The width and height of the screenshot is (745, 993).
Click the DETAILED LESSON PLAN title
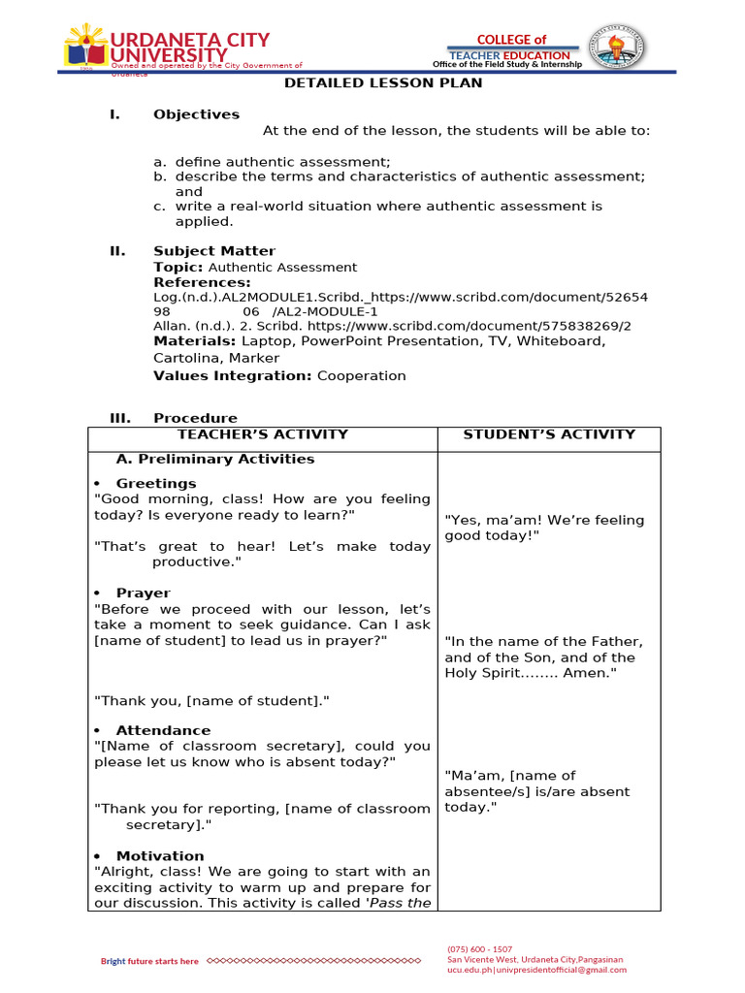click(x=383, y=83)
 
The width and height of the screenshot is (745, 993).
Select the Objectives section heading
click(x=196, y=114)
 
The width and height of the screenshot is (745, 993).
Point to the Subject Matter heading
click(x=213, y=251)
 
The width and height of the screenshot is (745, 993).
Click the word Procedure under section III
click(x=195, y=418)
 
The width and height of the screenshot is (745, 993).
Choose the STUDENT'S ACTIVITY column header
click(x=549, y=434)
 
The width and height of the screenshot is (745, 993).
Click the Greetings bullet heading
click(x=155, y=483)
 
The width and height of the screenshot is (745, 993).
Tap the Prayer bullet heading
click(x=143, y=593)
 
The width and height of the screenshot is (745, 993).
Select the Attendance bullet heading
click(x=162, y=730)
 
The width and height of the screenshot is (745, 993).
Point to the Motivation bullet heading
click(x=160, y=855)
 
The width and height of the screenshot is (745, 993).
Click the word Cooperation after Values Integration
click(x=361, y=375)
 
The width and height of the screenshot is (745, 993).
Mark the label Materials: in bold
click(x=195, y=340)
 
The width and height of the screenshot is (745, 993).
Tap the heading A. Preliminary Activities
click(x=214, y=459)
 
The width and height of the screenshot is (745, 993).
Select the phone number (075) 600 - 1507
click(x=479, y=948)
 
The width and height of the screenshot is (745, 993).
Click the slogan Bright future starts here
click(x=150, y=961)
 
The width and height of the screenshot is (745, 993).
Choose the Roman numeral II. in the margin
click(x=117, y=251)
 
